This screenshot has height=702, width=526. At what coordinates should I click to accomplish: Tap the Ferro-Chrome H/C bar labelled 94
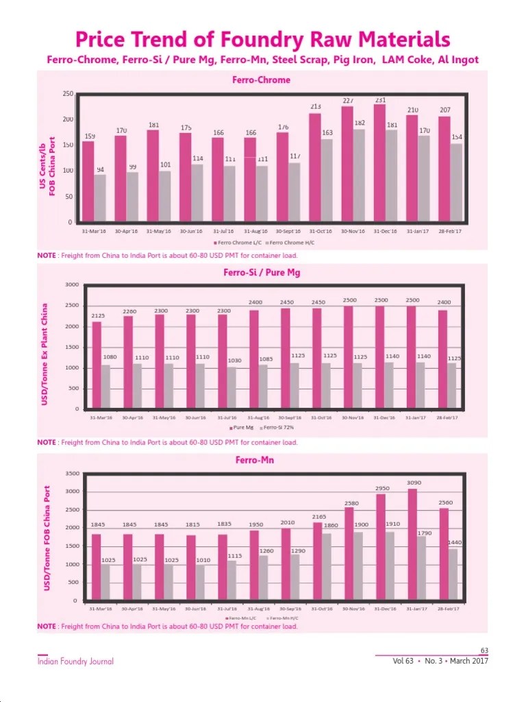point(100,198)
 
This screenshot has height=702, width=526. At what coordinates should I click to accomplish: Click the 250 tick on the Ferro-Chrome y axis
point(68,93)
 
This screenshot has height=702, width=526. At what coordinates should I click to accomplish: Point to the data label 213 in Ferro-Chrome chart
point(315,106)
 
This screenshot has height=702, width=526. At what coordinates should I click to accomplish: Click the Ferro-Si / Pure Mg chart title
point(262,272)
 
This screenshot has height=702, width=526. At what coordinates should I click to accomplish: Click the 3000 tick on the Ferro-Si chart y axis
point(72,285)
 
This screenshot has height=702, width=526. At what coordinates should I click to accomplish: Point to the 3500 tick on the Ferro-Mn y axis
point(72,474)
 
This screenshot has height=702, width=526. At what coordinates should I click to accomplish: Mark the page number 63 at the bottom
point(484,651)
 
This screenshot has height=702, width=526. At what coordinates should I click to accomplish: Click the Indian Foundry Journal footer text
point(75,662)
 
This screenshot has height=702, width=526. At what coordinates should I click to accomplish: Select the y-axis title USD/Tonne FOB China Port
point(47,538)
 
